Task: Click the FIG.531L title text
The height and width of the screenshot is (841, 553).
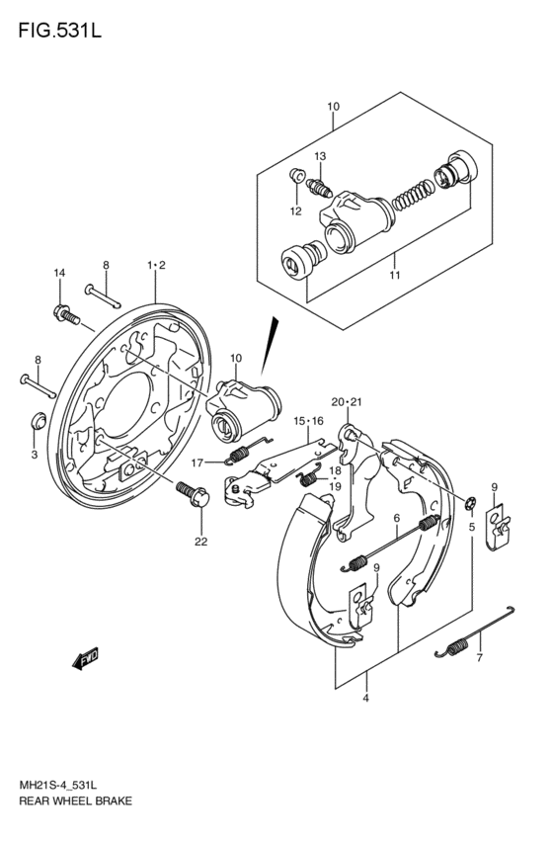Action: pos(60,31)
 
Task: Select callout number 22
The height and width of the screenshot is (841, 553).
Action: pos(200,542)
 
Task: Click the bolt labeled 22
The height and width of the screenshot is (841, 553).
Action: pos(193,494)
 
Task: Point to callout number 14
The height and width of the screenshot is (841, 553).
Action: pos(59,273)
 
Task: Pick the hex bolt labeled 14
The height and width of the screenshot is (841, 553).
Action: pos(66,315)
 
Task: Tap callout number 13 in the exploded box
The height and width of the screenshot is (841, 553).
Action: pos(320,156)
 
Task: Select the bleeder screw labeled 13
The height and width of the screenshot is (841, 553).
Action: pos(319,188)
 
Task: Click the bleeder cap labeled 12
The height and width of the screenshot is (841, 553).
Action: pos(297,175)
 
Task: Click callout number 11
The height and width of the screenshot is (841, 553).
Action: pos(395,276)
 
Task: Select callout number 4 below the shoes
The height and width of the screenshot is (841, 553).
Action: pos(366,699)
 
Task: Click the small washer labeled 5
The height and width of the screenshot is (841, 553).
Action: pos(470,504)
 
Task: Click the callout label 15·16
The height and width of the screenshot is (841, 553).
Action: pos(308,421)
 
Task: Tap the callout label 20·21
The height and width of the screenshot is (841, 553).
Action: pos(347,402)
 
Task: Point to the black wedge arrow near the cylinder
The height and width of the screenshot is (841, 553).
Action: pos(270,346)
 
